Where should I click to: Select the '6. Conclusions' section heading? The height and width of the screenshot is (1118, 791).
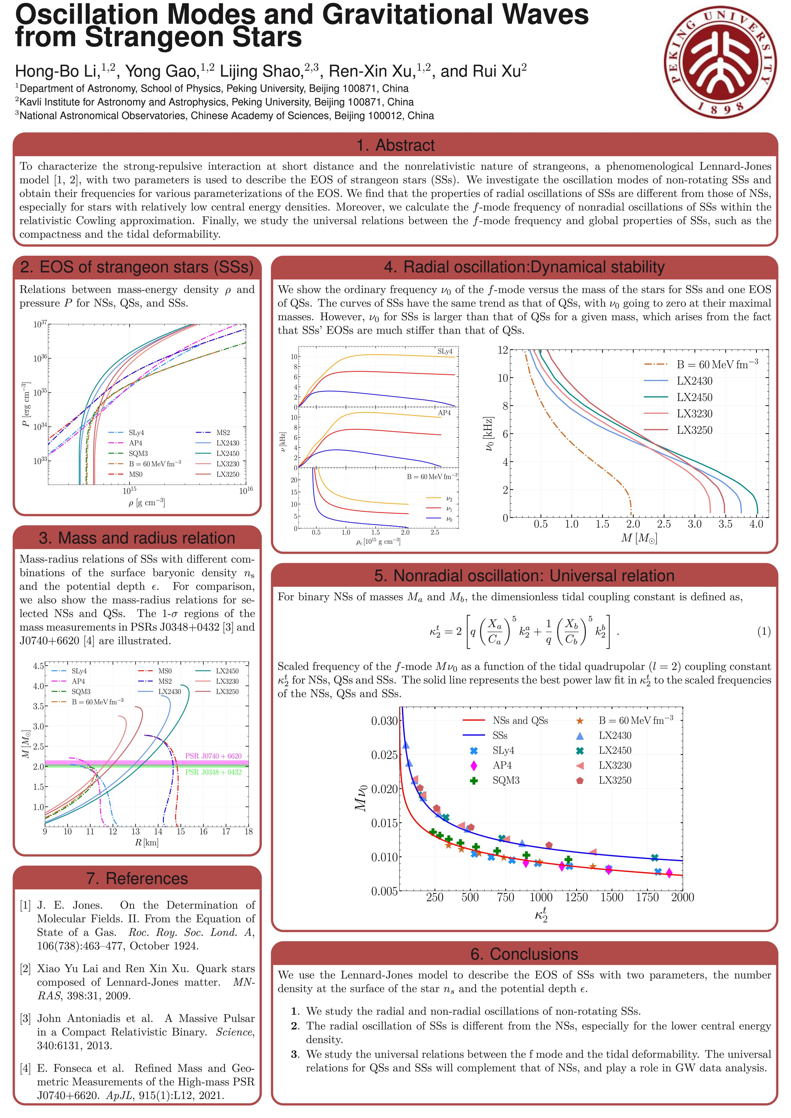[x=524, y=954]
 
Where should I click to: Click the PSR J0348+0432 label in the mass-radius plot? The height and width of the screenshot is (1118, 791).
[x=213, y=772]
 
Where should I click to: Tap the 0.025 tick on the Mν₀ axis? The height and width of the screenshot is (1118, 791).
[x=384, y=755]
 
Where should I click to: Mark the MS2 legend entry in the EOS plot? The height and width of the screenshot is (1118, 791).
[x=223, y=432]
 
